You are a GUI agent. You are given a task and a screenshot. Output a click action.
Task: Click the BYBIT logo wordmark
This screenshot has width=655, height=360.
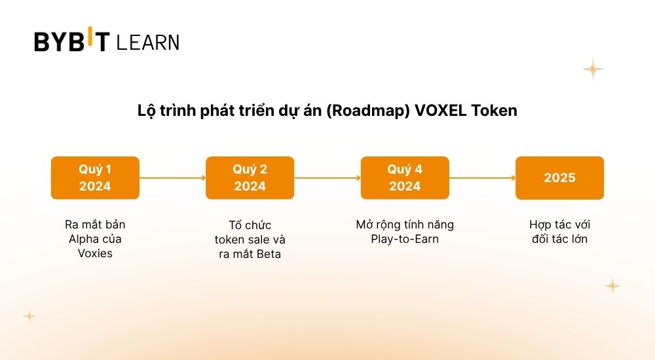tap(72, 39)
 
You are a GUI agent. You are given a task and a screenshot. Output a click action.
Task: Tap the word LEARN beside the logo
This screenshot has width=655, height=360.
tap(148, 43)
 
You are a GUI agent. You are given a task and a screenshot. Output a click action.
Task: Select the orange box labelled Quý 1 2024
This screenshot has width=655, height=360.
tap(95, 178)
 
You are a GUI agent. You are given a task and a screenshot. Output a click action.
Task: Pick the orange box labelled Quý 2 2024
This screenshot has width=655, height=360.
tap(250, 178)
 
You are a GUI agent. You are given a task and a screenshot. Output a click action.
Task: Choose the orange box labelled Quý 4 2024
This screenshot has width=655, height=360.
tap(405, 178)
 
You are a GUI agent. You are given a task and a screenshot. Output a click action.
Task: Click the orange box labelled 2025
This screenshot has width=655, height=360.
tap(560, 178)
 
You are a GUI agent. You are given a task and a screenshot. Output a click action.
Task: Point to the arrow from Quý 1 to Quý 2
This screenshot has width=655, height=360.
tap(172, 178)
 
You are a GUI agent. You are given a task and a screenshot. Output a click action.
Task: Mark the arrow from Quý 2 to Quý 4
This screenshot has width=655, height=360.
tap(327, 178)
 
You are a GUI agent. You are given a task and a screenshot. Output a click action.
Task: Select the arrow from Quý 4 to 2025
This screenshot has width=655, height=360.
tap(483, 178)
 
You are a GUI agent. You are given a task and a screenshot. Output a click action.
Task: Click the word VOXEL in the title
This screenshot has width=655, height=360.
tap(440, 111)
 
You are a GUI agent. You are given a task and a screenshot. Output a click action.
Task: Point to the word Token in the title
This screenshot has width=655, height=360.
tap(494, 111)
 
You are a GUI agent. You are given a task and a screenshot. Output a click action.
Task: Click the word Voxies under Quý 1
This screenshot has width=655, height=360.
tap(95, 253)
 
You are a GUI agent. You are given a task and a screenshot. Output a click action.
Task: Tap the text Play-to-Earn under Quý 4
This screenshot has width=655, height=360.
tap(405, 240)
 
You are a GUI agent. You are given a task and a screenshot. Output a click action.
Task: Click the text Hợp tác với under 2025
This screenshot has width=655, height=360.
tap(560, 225)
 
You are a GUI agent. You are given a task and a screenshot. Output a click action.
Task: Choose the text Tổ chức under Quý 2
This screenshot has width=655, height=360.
tap(250, 225)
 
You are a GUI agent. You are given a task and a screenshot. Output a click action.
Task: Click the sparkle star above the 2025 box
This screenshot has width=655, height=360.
tap(593, 69)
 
